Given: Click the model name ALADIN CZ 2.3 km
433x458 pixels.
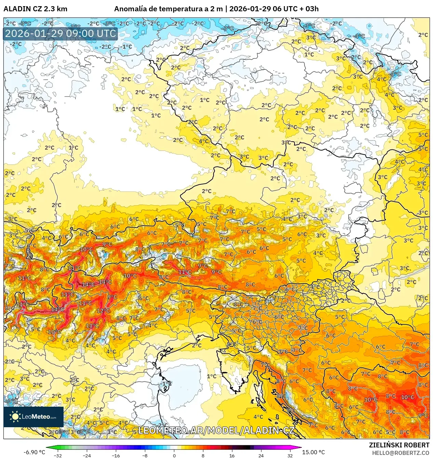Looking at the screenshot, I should (x=35, y=9).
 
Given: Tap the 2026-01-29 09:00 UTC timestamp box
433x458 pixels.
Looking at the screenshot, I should (x=60, y=34).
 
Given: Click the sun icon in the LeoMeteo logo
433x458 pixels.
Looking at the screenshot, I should (x=15, y=416).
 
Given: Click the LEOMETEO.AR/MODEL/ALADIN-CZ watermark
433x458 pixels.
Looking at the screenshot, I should (x=216, y=430).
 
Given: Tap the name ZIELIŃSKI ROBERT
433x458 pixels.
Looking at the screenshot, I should (x=399, y=445).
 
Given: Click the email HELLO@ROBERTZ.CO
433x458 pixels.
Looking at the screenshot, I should (x=401, y=453).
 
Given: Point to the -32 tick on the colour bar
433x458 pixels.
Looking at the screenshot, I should (x=58, y=455).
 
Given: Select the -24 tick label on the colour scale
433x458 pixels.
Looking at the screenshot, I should (x=87, y=455).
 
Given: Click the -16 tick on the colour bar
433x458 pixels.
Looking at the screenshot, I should (x=116, y=455).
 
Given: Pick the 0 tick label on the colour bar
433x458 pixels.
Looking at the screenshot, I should (x=174, y=455).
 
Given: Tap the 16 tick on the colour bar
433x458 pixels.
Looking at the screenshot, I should (x=232, y=455).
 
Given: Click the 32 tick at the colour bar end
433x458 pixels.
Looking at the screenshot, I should (x=290, y=455).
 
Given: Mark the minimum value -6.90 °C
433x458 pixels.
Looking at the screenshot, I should (x=34, y=452).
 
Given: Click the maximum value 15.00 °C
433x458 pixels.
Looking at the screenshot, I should (x=313, y=452).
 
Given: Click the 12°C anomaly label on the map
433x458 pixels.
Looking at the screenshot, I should (x=103, y=311).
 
